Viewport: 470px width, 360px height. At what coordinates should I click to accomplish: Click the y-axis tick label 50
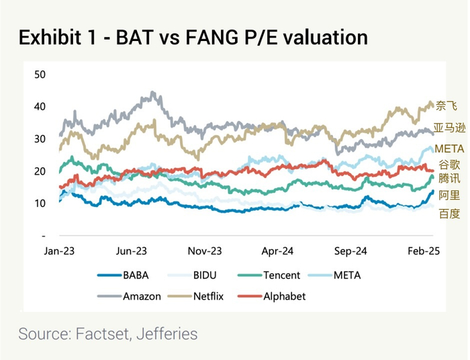(x=40, y=74)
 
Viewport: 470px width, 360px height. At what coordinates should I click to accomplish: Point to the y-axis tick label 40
(x=40, y=106)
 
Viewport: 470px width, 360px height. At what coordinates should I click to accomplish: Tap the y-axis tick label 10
(x=40, y=204)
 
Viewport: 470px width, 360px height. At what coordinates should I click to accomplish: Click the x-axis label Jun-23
(x=132, y=251)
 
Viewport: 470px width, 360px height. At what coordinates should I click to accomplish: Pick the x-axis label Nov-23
(x=204, y=251)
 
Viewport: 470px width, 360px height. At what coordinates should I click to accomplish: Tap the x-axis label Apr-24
(x=277, y=251)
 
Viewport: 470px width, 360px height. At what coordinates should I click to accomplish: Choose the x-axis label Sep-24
(x=350, y=251)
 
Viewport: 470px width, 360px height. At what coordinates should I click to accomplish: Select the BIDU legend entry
(x=205, y=275)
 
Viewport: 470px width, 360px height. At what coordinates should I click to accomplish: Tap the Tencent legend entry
(x=281, y=275)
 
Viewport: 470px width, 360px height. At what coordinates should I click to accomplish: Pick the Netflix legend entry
(x=208, y=296)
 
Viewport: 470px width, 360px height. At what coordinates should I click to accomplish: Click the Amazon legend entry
(x=142, y=296)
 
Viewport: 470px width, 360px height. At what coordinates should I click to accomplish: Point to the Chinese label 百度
(x=449, y=214)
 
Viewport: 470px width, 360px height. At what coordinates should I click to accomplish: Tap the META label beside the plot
(x=449, y=148)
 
